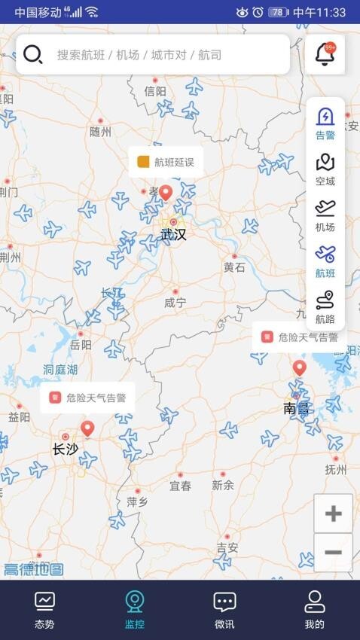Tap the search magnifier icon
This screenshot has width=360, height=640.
click(x=32, y=54)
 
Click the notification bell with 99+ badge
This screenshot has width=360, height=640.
click(x=325, y=54)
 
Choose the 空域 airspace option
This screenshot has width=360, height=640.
click(x=325, y=170)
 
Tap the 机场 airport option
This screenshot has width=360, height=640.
click(x=325, y=216)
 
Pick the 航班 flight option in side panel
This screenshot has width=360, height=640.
click(x=325, y=262)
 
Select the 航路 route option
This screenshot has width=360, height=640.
click(x=325, y=308)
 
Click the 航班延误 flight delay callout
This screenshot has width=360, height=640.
click(x=166, y=162)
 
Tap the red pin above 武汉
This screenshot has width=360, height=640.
click(x=166, y=194)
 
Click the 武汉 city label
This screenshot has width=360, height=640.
click(x=173, y=235)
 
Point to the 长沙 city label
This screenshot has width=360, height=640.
click(x=65, y=450)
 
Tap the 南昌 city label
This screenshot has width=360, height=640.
click(x=296, y=409)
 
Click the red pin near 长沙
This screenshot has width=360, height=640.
click(x=87, y=429)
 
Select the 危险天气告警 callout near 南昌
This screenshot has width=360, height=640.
click(x=300, y=337)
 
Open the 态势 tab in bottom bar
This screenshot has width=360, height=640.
click(x=44, y=609)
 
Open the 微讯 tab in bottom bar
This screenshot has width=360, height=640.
click(x=224, y=609)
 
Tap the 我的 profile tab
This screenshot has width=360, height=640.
click(x=315, y=609)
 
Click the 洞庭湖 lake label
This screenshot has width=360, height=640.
click(x=60, y=370)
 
